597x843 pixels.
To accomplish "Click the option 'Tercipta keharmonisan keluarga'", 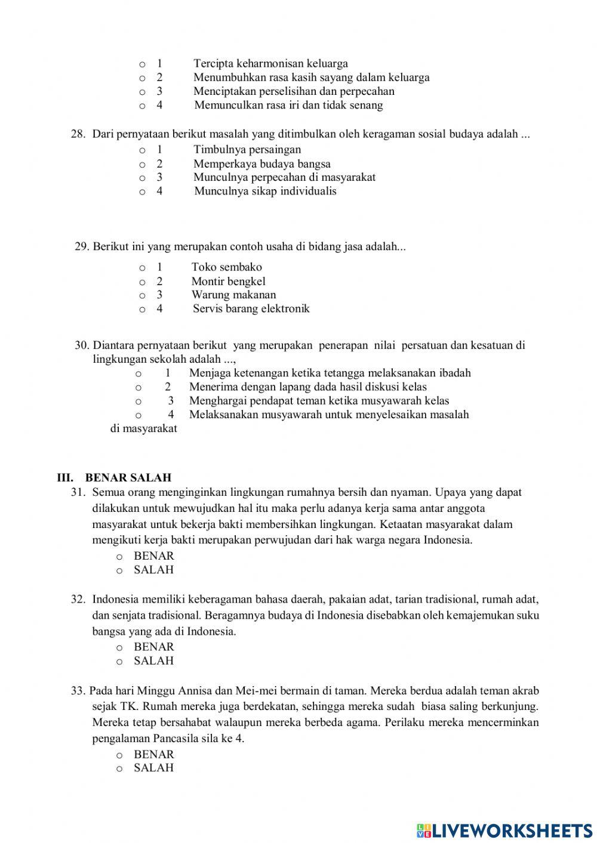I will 270,63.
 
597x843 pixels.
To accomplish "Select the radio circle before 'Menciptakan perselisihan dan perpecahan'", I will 142,92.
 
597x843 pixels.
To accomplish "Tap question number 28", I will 78,134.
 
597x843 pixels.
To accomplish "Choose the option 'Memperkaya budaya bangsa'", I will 261,163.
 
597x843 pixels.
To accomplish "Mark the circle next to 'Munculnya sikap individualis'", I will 142,192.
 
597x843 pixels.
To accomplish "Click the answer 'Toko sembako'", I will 226,267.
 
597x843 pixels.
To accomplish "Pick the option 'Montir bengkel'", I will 228,281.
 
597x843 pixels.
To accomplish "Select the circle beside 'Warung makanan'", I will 142,295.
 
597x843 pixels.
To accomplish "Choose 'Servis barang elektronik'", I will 251,308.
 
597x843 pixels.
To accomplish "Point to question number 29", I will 82,246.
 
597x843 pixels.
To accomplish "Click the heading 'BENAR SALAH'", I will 128,477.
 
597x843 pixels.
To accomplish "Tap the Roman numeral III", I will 65,477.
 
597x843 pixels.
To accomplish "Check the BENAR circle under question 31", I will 119,557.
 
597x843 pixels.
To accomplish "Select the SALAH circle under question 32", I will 119,662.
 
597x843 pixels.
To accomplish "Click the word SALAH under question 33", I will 153,768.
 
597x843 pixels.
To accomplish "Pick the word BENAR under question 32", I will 153,647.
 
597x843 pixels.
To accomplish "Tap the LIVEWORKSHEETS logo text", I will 512,830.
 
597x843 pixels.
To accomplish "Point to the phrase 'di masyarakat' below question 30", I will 144,428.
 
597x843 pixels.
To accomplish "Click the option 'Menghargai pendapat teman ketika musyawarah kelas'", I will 319,401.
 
